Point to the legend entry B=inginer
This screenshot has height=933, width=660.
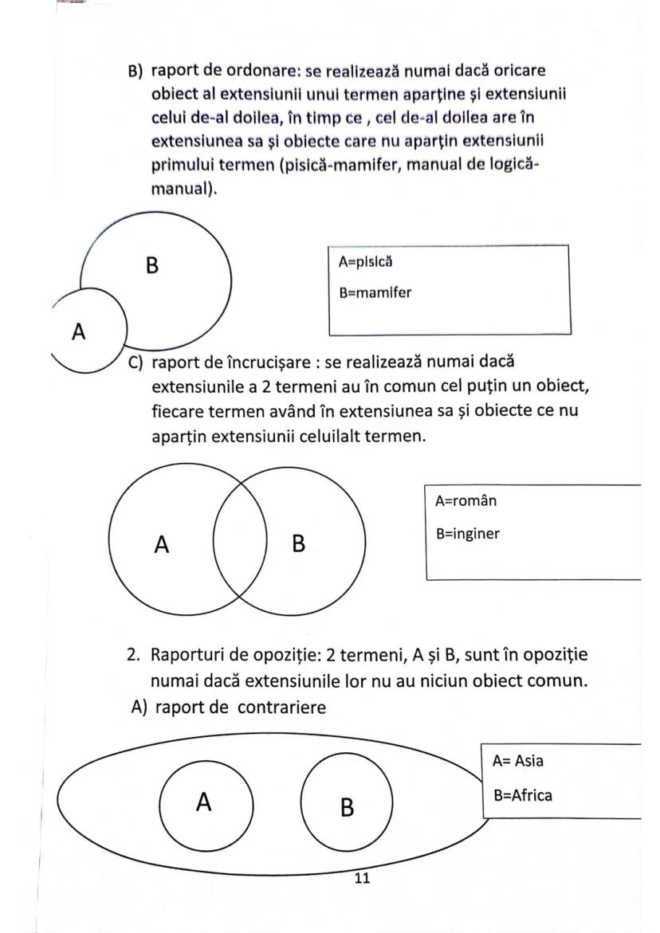tap(468, 533)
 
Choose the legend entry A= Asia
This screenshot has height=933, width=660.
tap(517, 760)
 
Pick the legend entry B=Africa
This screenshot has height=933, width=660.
tap(522, 794)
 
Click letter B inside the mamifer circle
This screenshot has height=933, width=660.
tap(152, 265)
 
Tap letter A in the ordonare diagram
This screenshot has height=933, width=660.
tap(78, 331)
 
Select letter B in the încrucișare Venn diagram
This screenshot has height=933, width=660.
tap(299, 545)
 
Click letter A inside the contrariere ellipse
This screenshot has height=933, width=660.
tap(203, 802)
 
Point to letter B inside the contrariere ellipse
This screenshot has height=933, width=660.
tap(347, 807)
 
